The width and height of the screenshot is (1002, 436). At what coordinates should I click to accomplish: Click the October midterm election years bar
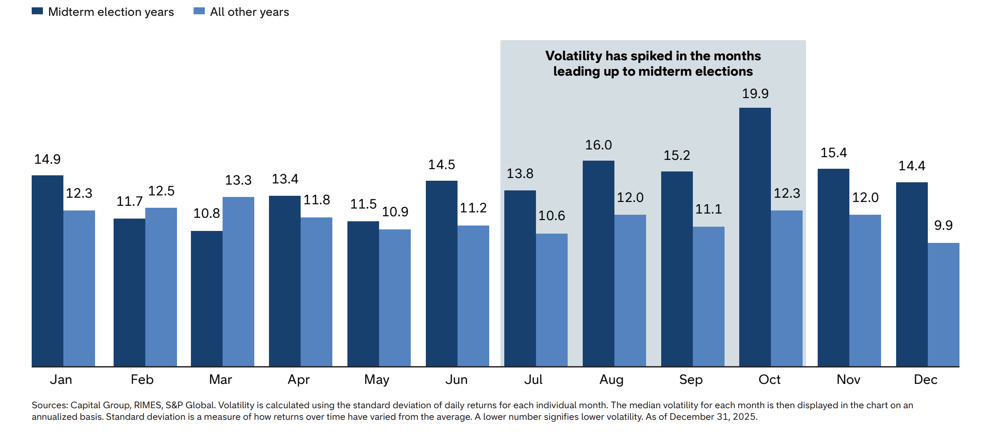pos(755,237)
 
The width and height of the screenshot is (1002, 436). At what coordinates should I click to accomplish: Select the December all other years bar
pos(943,304)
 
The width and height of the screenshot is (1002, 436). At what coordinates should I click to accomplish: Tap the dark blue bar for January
pos(48,270)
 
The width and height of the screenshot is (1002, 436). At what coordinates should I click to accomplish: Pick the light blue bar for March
pos(238,282)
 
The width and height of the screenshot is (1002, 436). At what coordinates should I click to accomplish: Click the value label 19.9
pos(755,94)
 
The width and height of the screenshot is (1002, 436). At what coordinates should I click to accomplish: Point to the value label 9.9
pos(943,226)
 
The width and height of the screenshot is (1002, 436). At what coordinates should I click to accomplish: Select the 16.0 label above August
pos(598,145)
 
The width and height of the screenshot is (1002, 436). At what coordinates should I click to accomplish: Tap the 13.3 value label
pos(238,180)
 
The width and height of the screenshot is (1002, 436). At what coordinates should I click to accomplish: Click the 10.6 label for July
pos(551,215)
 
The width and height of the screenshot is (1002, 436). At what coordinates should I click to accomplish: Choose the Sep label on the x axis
pos(691,380)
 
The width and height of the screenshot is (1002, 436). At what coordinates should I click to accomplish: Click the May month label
pos(376,380)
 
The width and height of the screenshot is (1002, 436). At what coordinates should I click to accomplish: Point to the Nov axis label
pos(848,380)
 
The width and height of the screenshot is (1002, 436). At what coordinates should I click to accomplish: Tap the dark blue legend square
pos(37,11)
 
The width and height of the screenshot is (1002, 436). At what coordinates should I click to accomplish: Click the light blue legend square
pos(199,11)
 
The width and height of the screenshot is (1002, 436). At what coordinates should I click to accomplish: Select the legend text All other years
pos(249,12)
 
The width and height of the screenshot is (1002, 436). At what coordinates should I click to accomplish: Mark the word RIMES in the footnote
pos(148,405)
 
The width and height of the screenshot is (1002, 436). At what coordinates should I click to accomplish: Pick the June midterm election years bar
pos(441,273)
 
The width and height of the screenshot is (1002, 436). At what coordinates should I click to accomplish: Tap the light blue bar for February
pos(161,287)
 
